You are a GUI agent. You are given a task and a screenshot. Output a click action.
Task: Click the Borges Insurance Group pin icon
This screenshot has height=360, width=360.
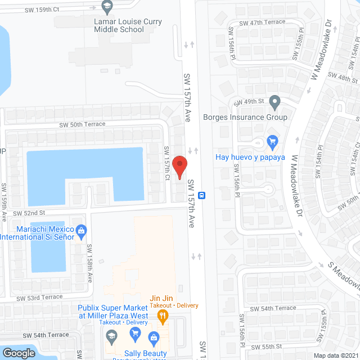[274, 102]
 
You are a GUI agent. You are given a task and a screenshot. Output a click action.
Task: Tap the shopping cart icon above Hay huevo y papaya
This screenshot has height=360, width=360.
[273, 141]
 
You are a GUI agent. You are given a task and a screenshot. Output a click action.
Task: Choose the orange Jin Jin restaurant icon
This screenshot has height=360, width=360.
[163, 315]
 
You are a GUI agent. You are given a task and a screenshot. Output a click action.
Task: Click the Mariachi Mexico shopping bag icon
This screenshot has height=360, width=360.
[81, 229]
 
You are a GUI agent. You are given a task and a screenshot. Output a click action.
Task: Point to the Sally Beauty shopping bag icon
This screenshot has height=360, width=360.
[153, 337]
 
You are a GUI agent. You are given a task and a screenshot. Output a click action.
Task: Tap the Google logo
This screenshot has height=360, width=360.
[19, 353]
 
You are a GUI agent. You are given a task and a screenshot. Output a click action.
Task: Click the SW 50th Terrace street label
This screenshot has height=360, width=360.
[83, 125]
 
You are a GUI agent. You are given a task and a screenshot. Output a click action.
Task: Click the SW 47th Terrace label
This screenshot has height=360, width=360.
[262, 22]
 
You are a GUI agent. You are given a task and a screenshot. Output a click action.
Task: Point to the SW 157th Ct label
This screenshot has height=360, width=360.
[166, 164]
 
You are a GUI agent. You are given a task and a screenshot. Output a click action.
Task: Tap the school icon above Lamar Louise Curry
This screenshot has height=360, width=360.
[107, 7]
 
